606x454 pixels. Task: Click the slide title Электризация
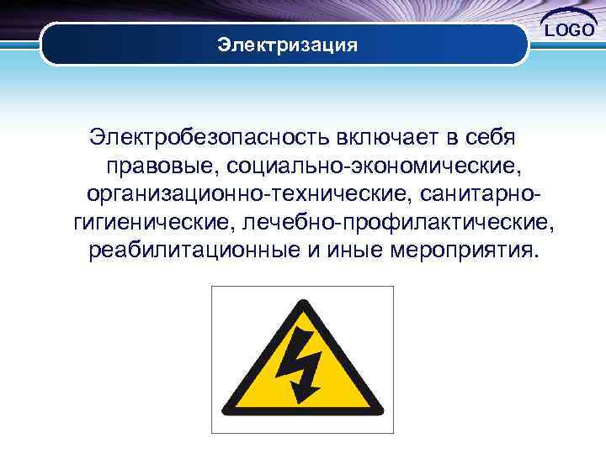(x=287, y=44)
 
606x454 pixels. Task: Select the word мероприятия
(x=460, y=251)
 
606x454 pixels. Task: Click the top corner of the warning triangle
(x=302, y=300)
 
